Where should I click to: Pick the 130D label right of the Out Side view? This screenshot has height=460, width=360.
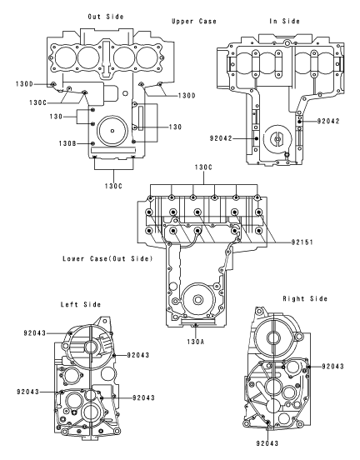(x=187, y=96)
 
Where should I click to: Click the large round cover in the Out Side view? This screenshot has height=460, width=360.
(x=113, y=133)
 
